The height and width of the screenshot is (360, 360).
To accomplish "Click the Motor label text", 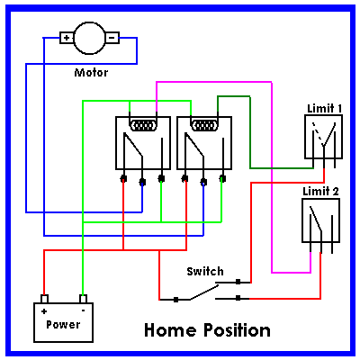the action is coord(91,73).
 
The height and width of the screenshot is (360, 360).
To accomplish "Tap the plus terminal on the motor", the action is coord(67,38).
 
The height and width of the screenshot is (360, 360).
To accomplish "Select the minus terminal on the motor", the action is coord(112,38).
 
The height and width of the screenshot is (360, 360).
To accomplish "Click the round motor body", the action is coord(89,38).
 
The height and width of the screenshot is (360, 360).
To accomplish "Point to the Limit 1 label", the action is coord(324,108).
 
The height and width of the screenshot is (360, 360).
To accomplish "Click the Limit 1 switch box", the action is coord(324,137).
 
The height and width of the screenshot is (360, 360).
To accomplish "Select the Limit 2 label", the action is coord(320,191).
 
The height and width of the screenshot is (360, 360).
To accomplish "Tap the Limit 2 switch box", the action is coord(320,220).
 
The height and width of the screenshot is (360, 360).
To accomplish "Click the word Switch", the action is coord(205,272).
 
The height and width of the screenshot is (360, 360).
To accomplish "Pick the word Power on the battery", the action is coord(63,325).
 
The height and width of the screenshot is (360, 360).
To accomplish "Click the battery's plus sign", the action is coord(44,311).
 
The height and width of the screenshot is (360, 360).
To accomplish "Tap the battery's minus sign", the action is coord(83,310).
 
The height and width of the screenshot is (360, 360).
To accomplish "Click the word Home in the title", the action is coord(170,330).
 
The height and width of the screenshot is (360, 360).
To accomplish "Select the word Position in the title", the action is coord(238,330).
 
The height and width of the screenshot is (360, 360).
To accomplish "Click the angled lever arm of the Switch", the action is coord(204,292).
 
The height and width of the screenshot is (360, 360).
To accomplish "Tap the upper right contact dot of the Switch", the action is coord(238,282).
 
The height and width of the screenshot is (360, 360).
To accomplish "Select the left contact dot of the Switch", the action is coord(176,300).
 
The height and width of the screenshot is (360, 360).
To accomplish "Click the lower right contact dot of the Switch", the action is coord(238,298).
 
